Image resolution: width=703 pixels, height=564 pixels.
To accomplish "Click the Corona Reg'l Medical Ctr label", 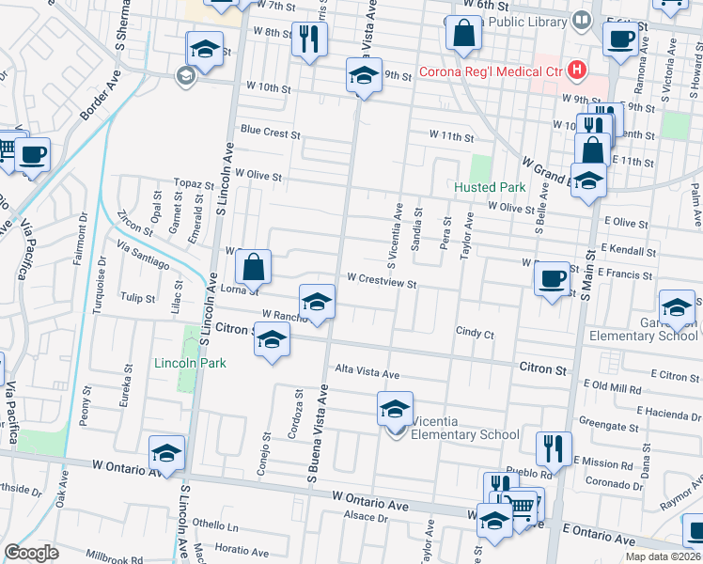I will click(x=490, y=71).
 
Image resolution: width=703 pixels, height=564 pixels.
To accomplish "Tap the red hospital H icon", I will click(x=577, y=70).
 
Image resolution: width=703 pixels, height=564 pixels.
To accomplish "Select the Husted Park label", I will click(x=489, y=187).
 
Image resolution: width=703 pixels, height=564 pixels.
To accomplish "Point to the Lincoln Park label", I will click(x=179, y=363).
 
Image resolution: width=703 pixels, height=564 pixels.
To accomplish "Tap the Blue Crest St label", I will click(x=269, y=133).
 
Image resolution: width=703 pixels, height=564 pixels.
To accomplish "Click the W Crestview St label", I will click(x=381, y=279).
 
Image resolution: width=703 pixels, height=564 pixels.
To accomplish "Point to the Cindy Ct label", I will click(x=475, y=332).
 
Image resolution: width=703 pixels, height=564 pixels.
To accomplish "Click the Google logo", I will click(x=31, y=553).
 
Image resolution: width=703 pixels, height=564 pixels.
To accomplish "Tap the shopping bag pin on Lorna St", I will click(x=254, y=267).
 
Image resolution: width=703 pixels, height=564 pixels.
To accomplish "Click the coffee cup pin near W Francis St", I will click(x=552, y=278).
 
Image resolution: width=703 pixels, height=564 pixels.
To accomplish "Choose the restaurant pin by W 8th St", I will click(x=307, y=40).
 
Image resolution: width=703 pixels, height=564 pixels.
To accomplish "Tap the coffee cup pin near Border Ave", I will click(x=31, y=155).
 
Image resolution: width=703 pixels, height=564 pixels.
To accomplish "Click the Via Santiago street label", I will click(x=143, y=251).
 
